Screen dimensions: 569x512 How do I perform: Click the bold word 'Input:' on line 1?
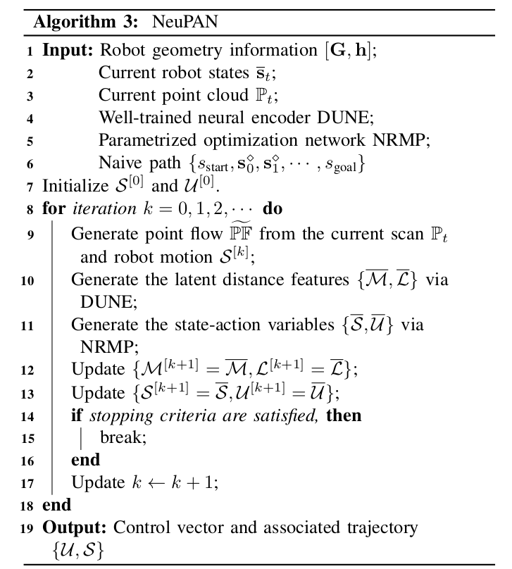[x=68, y=51]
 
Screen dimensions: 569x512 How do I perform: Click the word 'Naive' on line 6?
[x=118, y=163]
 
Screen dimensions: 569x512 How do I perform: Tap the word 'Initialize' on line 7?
[x=73, y=187]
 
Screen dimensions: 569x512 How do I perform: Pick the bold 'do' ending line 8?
[x=273, y=209]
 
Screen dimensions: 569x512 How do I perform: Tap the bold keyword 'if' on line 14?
[x=76, y=415]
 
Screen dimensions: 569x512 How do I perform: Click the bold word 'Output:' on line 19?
[x=75, y=527]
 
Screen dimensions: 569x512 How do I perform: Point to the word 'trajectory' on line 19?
[x=385, y=527]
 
